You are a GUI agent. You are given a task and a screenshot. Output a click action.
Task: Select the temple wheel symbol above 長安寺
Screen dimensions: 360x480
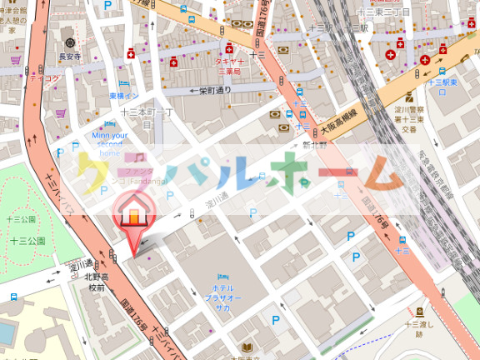point(70,42)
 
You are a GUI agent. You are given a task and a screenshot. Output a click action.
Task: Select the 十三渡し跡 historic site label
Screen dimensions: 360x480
point(419,328)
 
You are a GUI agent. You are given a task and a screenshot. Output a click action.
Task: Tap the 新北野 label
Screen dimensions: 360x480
point(315,144)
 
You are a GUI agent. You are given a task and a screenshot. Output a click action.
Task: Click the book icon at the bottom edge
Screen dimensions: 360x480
point(247,346)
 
